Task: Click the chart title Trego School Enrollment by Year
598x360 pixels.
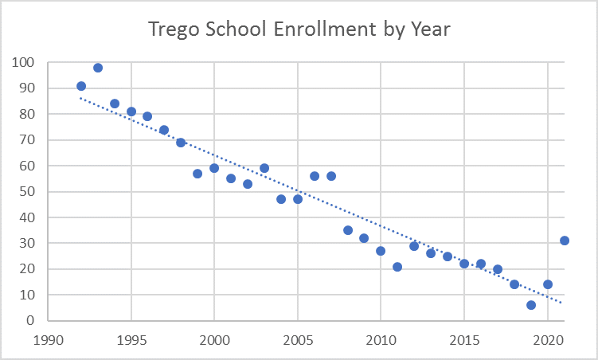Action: point(299,30)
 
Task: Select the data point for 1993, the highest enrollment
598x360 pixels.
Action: point(98,68)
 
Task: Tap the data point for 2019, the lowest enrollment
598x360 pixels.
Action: point(531,305)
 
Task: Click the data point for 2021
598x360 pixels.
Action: point(565,241)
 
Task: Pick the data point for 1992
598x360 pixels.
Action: point(81,86)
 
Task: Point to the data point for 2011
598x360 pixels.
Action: point(397,267)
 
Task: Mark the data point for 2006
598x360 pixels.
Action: point(315,176)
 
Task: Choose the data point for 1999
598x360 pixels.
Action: point(197,174)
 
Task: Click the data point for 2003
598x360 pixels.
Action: point(264,168)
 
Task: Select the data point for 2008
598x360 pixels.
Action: point(348,230)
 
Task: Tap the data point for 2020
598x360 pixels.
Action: point(548,284)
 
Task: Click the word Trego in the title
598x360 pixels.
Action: point(174,30)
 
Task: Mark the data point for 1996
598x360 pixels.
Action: point(147,116)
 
